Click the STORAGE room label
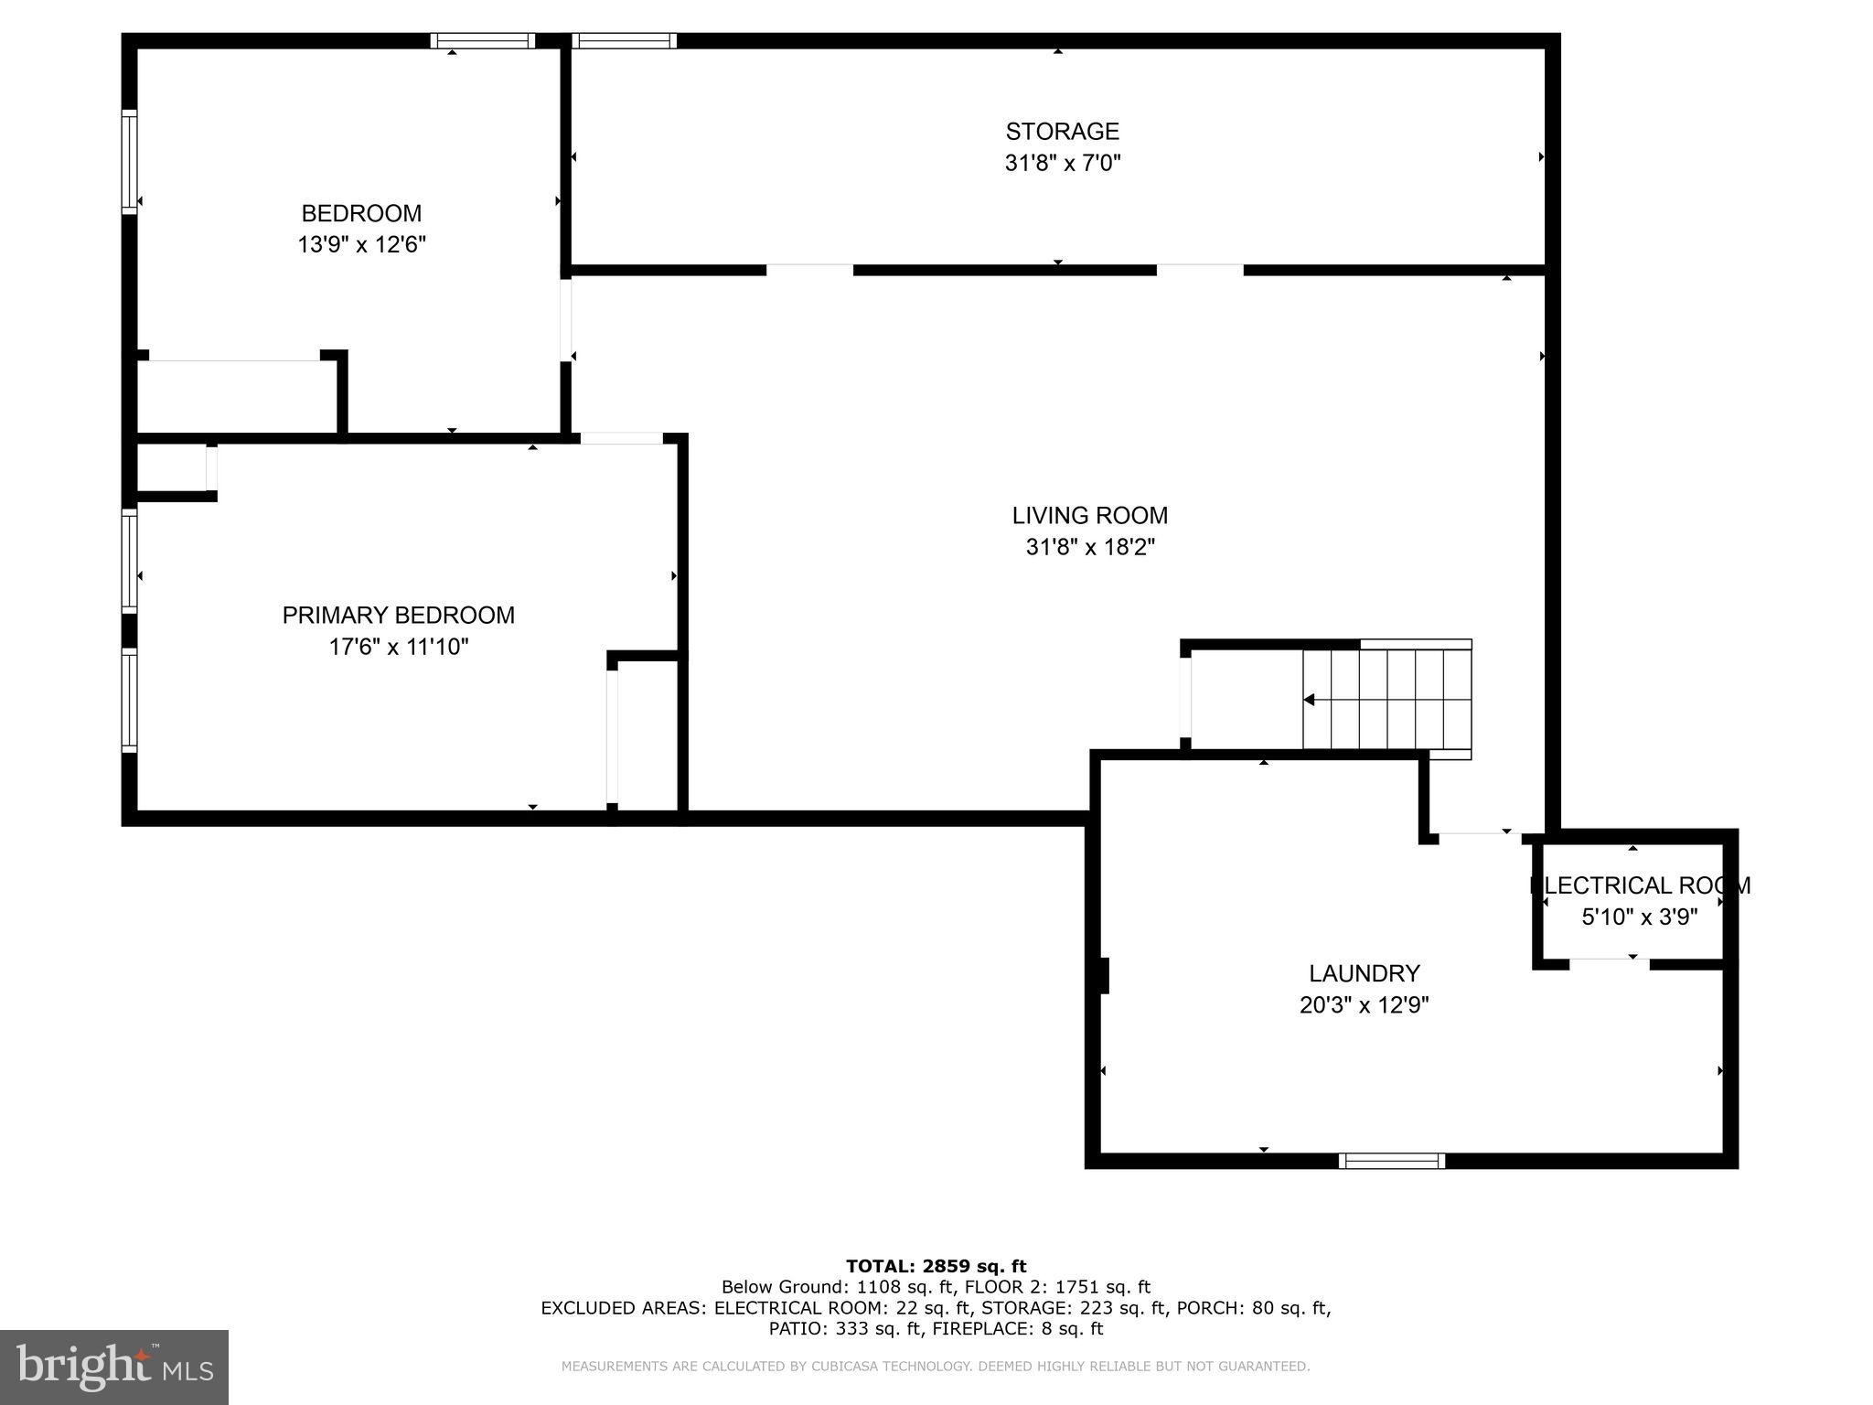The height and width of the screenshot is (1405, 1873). (x=1062, y=132)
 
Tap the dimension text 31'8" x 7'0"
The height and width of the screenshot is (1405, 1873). (x=1062, y=164)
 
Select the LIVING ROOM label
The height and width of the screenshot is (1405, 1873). (x=1089, y=516)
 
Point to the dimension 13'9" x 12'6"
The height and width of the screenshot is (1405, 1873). (x=361, y=245)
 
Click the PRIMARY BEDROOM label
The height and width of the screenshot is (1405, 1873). (x=398, y=616)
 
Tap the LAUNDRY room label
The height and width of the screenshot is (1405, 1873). (x=1364, y=973)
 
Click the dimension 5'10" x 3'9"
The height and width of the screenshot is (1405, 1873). (x=1639, y=917)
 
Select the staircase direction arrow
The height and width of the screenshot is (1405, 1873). (x=1310, y=700)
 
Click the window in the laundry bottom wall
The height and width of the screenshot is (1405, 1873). (x=1391, y=1161)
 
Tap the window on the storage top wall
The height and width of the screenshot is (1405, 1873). (x=624, y=40)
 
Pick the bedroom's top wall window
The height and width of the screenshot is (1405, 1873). (x=482, y=40)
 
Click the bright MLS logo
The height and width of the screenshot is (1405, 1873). (x=113, y=1367)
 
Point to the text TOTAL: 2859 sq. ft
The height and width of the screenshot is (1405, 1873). (x=936, y=1267)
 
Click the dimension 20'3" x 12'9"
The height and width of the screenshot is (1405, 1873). (x=1364, y=1005)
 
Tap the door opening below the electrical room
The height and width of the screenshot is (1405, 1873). (x=1609, y=963)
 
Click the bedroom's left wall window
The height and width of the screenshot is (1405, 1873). (x=129, y=162)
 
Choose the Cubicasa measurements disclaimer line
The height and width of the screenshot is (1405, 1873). (x=935, y=1367)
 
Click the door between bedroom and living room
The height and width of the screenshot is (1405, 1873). (x=566, y=320)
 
